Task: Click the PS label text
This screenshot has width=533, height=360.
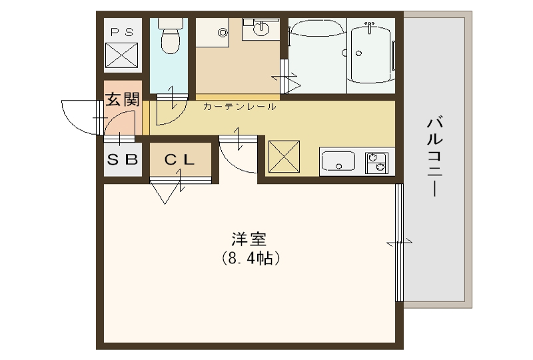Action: pyautogui.click(x=123, y=32)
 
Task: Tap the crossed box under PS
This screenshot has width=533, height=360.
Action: pyautogui.click(x=122, y=55)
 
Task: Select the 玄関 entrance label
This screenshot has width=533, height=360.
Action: pyautogui.click(x=123, y=99)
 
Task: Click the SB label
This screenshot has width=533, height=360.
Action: pyautogui.click(x=123, y=159)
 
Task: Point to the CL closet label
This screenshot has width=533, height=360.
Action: pyautogui.click(x=179, y=159)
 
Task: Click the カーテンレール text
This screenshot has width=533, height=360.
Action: pyautogui.click(x=239, y=107)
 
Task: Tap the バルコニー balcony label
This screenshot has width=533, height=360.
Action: pyautogui.click(x=435, y=157)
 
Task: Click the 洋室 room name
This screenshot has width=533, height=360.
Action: pyautogui.click(x=249, y=239)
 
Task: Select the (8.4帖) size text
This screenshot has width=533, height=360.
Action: pyautogui.click(x=251, y=259)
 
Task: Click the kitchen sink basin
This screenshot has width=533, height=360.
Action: pyautogui.click(x=338, y=161)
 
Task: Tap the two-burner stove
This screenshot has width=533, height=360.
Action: pyautogui.click(x=376, y=163)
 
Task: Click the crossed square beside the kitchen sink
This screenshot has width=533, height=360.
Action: pyautogui.click(x=284, y=156)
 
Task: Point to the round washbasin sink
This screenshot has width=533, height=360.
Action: pyautogui.click(x=261, y=29)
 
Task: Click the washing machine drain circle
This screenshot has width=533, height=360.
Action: pyautogui.click(x=223, y=33)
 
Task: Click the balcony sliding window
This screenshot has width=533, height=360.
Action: pyautogui.click(x=399, y=243)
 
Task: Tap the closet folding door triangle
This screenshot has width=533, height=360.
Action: pyautogui.click(x=165, y=193)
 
